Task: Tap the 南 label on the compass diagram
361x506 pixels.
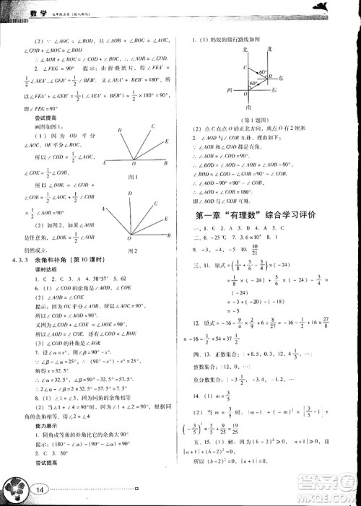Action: (x=248, y=107)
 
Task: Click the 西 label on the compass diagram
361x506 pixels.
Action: (x=227, y=92)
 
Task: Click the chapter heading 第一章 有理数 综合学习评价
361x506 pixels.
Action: (x=268, y=215)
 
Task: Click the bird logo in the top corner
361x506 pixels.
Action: (x=339, y=8)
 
